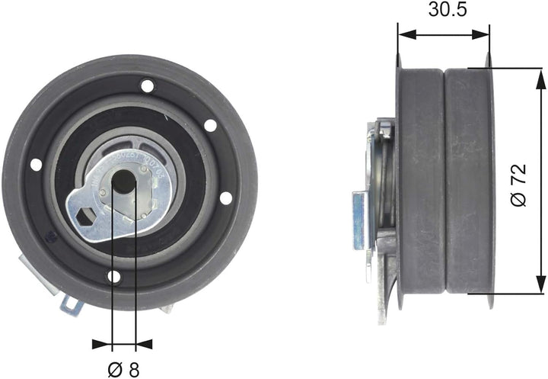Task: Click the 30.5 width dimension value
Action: [x=443, y=10]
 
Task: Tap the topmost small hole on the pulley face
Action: [x=147, y=85]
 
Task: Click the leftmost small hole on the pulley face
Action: [x=36, y=164]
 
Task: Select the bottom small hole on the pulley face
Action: [x=113, y=276]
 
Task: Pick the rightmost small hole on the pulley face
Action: [x=225, y=198]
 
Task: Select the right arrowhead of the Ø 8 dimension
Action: [x=141, y=343]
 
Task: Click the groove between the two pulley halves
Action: [x=444, y=181]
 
